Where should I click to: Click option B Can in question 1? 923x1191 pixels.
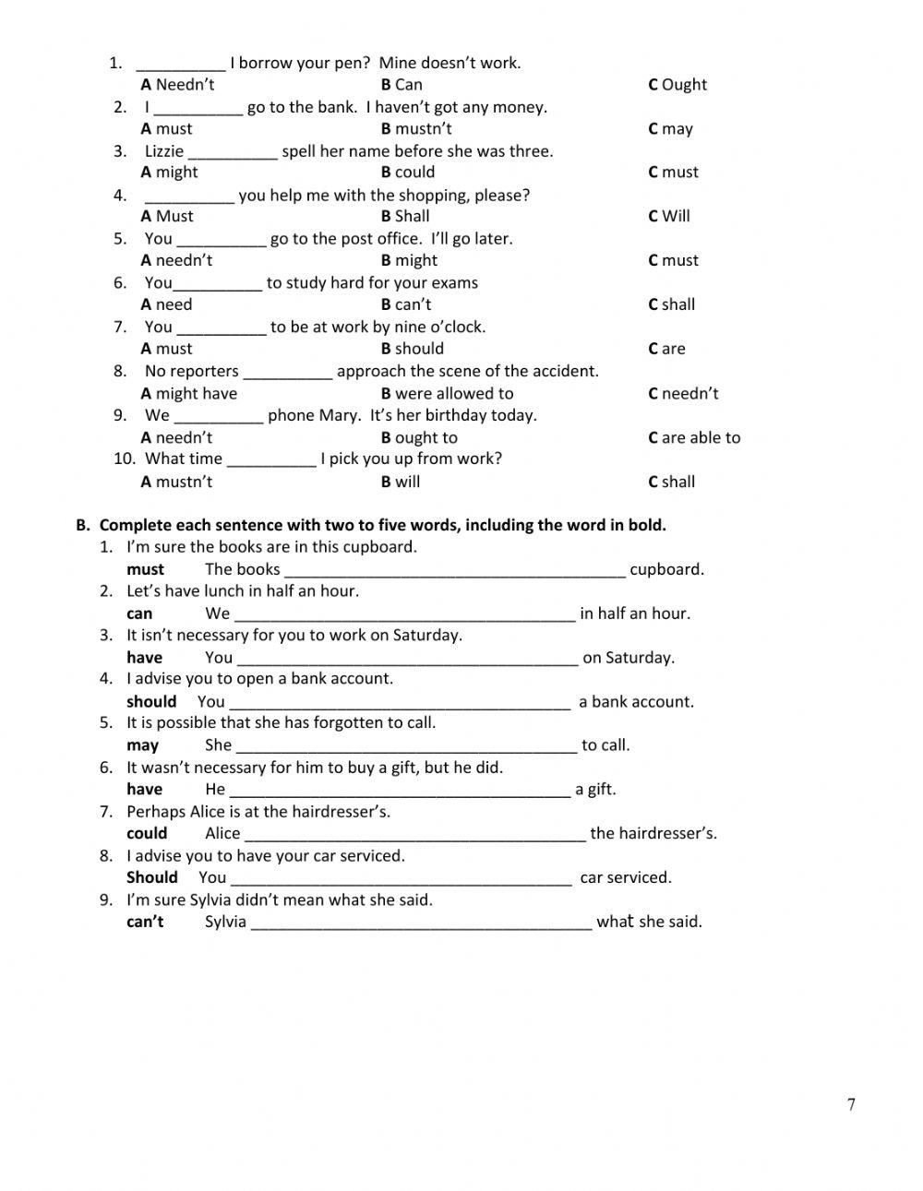(x=402, y=85)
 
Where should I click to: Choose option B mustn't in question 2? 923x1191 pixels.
(x=416, y=129)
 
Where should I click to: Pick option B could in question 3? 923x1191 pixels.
(x=407, y=173)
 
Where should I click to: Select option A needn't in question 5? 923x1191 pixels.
(x=176, y=260)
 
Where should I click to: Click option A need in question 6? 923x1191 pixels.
(x=166, y=304)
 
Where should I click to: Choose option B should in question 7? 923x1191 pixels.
(x=412, y=349)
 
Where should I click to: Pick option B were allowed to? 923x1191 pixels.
(x=447, y=394)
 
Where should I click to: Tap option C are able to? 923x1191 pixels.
(x=694, y=438)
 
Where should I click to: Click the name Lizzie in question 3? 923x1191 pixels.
(x=164, y=151)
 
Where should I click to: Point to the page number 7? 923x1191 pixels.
(x=851, y=1104)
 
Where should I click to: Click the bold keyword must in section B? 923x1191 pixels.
(x=145, y=569)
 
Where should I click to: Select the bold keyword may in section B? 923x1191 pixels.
(x=142, y=745)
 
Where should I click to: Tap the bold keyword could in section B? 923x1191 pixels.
(x=147, y=833)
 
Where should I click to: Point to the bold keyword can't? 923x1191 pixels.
(x=145, y=921)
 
